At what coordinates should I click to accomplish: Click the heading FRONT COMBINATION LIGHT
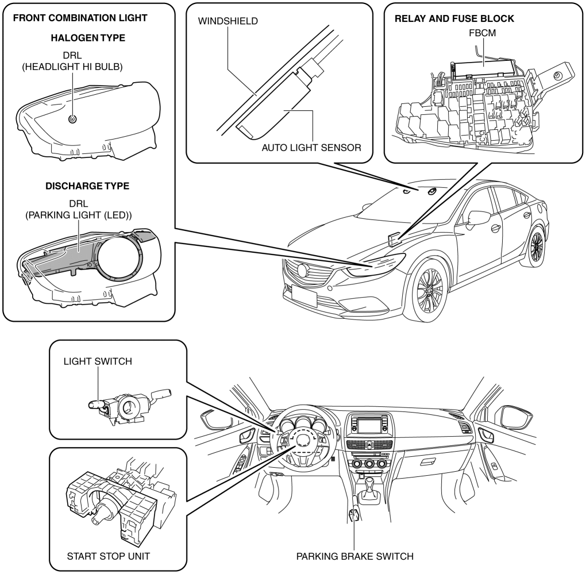tap(80, 18)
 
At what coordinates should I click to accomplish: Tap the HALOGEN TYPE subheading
tap(88, 38)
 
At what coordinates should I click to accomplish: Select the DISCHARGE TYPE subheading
tap(87, 186)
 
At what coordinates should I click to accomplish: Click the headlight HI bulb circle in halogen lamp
tap(72, 119)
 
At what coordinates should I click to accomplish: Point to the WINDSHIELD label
tap(228, 21)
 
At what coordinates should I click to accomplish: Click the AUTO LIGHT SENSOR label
tap(311, 148)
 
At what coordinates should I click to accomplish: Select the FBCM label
tap(483, 33)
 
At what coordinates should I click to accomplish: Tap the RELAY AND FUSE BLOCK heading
tap(454, 18)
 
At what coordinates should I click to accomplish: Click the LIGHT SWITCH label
tap(98, 361)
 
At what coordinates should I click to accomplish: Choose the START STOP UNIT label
tap(109, 556)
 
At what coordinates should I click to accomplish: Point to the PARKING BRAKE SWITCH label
tap(354, 556)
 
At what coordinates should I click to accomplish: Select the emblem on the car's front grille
tap(302, 270)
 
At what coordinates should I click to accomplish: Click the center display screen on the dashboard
tap(369, 425)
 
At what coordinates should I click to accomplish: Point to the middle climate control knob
tap(369, 464)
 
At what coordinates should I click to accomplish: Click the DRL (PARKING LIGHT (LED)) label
tap(79, 209)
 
